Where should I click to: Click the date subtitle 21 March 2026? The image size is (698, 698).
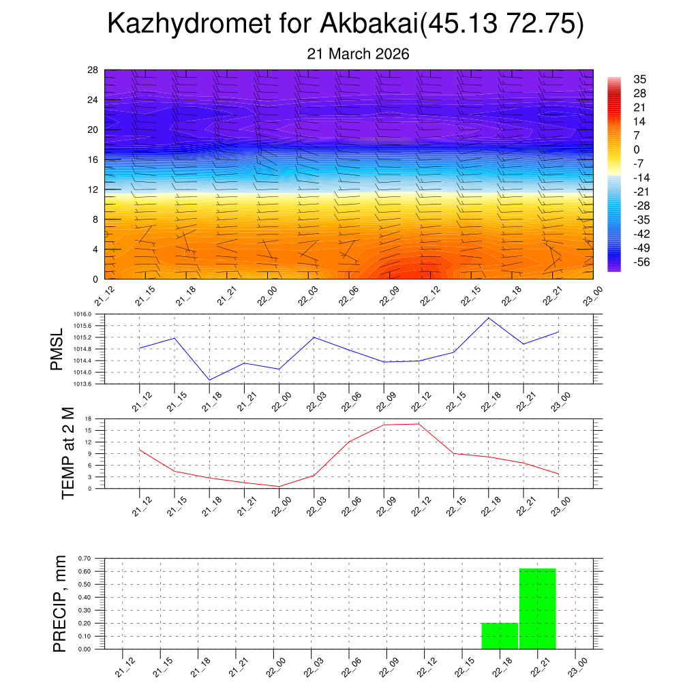(x=358, y=55)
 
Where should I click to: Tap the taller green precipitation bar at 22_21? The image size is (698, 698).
(x=538, y=608)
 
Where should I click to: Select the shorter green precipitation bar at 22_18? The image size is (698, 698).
(x=500, y=635)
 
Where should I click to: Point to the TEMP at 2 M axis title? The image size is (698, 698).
(x=67, y=453)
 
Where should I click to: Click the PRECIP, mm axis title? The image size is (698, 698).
(x=60, y=603)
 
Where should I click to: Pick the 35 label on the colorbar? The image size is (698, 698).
(x=639, y=79)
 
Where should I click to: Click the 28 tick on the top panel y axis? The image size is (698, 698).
(x=93, y=70)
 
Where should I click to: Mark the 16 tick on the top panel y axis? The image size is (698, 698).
(x=93, y=160)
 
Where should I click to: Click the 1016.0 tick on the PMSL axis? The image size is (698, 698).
(x=91, y=314)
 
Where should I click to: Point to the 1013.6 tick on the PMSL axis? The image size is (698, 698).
(x=91, y=384)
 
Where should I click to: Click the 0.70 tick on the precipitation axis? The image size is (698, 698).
(x=85, y=558)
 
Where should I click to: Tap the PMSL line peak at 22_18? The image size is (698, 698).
(x=488, y=318)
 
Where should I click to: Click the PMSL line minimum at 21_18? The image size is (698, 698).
(x=209, y=380)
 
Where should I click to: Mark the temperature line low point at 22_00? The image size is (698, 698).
(x=279, y=486)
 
